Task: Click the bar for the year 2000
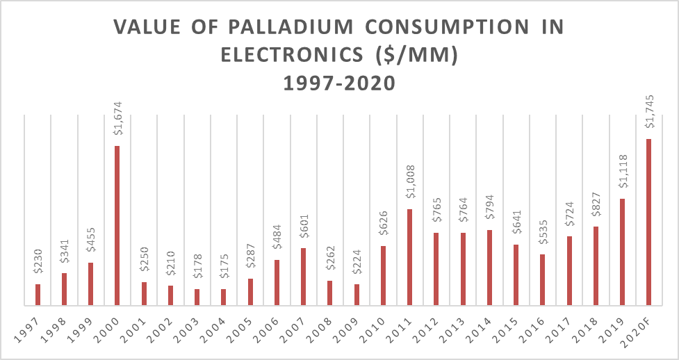(x=117, y=225)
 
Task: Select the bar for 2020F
(x=649, y=222)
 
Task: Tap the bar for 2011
(x=410, y=257)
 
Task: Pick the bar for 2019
(x=623, y=252)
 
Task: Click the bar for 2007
(x=304, y=277)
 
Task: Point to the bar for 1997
(x=38, y=295)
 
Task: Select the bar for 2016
(x=543, y=279)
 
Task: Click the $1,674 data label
(x=117, y=123)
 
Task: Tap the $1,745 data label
(x=649, y=116)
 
